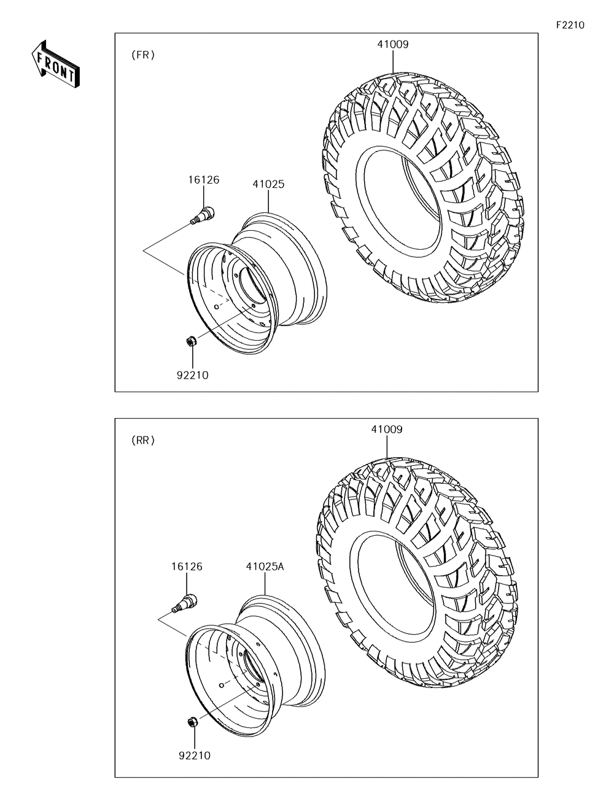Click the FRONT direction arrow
(55, 64)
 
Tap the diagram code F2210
(570, 25)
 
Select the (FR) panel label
(143, 55)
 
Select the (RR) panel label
(143, 441)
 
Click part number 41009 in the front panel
(393, 45)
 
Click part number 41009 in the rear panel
(387, 430)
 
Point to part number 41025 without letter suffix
(268, 184)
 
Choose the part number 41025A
(265, 567)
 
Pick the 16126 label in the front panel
(204, 180)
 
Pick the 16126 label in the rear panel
(187, 567)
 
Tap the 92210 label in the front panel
(193, 376)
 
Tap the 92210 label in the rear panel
(195, 756)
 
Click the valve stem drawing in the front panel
(203, 215)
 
